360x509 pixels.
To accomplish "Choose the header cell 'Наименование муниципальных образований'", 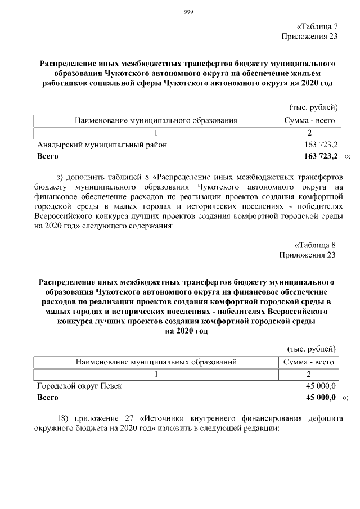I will [156, 362].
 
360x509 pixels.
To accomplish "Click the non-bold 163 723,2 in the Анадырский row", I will [320, 145].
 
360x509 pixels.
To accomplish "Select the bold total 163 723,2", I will [320, 156].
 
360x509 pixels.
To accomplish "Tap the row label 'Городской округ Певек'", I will [79, 386].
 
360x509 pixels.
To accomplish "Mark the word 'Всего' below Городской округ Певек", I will [48, 398].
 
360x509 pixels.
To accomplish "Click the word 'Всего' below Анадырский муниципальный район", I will [48, 156].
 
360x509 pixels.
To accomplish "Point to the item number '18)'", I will [66, 418].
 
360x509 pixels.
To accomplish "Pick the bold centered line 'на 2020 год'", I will [186, 331].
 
